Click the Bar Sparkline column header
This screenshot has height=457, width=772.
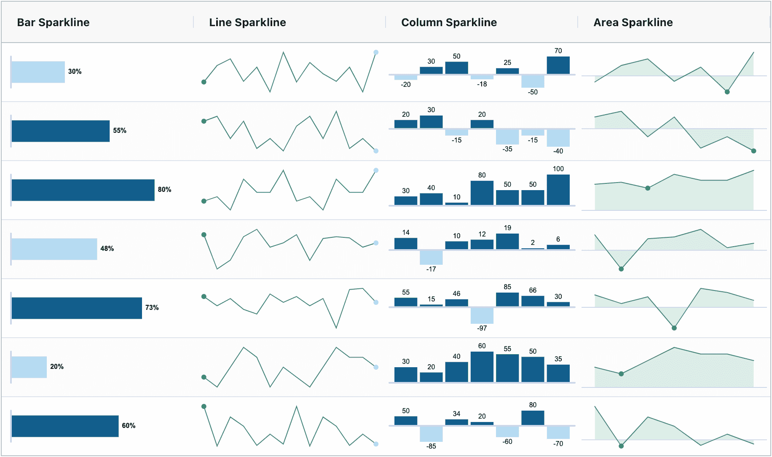pos(53,22)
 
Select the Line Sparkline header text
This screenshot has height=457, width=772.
pos(247,22)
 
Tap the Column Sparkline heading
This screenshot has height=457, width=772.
pos(449,22)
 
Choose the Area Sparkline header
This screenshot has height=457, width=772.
pos(633,22)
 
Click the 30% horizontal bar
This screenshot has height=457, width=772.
pos(38,72)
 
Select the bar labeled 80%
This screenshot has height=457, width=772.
pos(83,190)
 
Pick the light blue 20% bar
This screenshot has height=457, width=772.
pos(29,367)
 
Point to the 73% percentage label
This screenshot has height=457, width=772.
pos(152,308)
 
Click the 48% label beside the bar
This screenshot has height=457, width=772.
pos(107,249)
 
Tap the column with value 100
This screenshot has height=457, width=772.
pos(558,190)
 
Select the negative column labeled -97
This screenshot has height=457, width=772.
pos(482,315)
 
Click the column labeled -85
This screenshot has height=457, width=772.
pos(431,433)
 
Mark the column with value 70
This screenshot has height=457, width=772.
pos(558,65)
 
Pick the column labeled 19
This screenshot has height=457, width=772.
pos(507,242)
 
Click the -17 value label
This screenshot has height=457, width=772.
pos(431,269)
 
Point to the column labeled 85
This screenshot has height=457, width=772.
pos(507,299)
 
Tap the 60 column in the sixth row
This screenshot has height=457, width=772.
pos(482,367)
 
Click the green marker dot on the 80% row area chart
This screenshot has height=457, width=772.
pos(648,188)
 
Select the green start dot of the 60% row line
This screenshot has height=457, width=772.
pos(204,406)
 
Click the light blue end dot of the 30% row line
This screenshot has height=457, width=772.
pos(376,52)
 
